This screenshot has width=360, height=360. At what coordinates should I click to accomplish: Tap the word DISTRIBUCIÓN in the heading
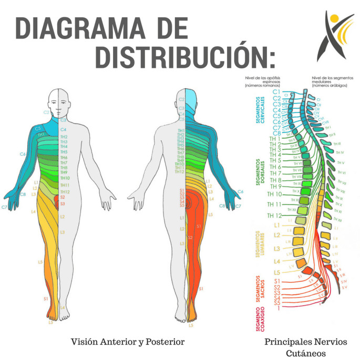184,57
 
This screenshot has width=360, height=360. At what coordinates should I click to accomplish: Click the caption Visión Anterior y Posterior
128,342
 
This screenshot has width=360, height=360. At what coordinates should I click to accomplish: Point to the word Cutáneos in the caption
305,353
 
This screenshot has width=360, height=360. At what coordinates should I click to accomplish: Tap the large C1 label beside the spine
276,92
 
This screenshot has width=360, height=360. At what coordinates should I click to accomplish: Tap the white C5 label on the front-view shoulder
38,128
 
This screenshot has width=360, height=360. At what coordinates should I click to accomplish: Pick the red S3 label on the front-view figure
63,203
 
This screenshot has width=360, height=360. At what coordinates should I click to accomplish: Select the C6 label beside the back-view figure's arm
241,191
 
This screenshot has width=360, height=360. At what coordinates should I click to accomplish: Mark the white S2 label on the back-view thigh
190,238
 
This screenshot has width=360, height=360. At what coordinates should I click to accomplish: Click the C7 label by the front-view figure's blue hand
4,208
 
